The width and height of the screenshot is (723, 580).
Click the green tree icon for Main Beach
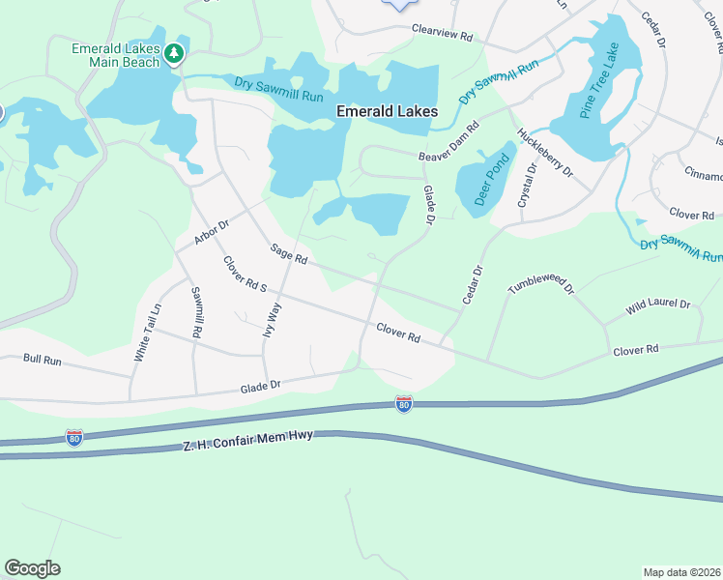pos(174,54)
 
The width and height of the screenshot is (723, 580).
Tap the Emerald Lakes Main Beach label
pos(115,55)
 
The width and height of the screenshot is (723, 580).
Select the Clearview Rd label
pos(442,32)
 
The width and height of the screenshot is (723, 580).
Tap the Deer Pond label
pos(492,180)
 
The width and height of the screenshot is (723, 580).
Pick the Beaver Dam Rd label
pos(449,143)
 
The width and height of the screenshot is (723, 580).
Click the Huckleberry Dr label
pos(546,154)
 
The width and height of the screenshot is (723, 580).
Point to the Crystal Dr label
pos(528,185)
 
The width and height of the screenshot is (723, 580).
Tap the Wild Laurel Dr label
pos(658,304)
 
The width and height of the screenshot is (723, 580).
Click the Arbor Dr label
pos(211,232)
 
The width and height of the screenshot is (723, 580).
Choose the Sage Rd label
pos(289,254)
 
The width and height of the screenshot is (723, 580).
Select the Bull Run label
pos(42,360)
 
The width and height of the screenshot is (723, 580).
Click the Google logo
pos(32,568)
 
